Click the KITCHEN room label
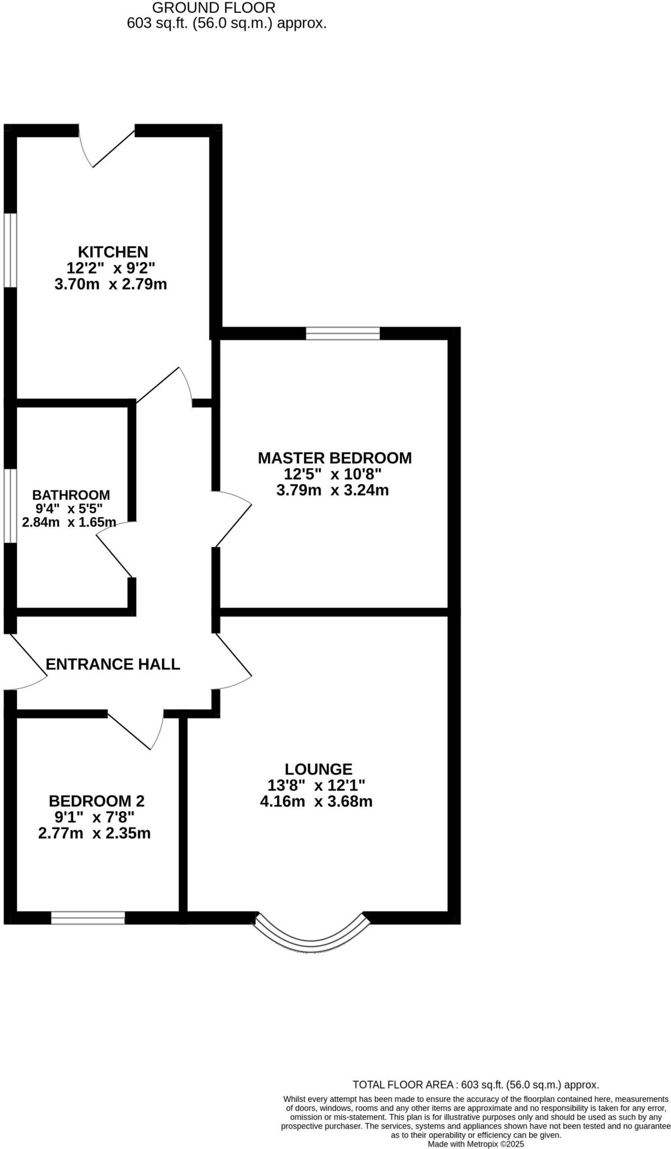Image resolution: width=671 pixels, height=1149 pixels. (x=112, y=251)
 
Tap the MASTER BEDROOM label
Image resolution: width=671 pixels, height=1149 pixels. (x=334, y=458)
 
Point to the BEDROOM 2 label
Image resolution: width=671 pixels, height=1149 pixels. (x=96, y=801)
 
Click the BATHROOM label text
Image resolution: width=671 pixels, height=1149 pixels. (x=71, y=495)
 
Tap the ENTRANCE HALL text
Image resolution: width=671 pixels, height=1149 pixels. (x=112, y=664)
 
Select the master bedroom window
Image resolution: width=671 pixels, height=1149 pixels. (x=342, y=334)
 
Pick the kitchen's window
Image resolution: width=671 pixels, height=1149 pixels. (x=10, y=250)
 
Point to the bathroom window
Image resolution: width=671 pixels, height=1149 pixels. (x=10, y=506)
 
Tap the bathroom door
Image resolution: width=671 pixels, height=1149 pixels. (x=115, y=553)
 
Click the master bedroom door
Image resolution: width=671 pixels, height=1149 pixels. (x=233, y=519)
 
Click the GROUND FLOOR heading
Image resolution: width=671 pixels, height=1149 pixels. (x=214, y=8)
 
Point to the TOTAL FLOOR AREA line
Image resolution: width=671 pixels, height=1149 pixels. (x=475, y=1084)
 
